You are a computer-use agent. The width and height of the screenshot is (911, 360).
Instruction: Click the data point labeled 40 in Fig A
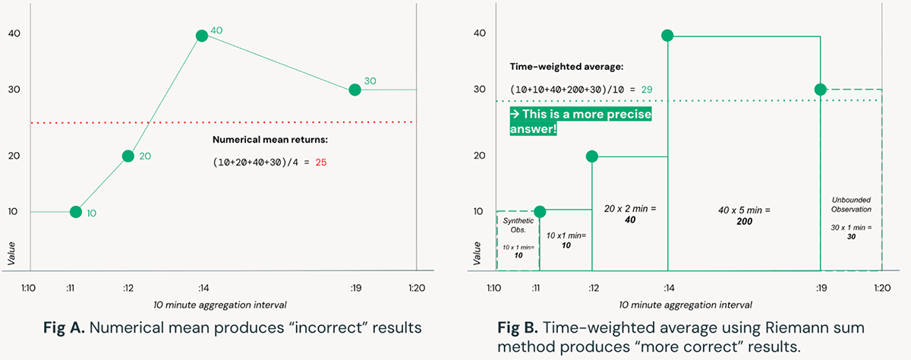[x=202, y=36]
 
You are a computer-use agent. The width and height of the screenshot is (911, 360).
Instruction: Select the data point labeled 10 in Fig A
[x=75, y=212]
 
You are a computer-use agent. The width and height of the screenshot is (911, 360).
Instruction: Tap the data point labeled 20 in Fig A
[x=128, y=156]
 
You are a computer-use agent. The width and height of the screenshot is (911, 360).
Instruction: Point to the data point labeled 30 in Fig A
[x=354, y=90]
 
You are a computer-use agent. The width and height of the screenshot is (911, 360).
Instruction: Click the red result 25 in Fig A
[x=321, y=163]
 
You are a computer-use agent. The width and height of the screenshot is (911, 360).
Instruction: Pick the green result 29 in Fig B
[x=647, y=89]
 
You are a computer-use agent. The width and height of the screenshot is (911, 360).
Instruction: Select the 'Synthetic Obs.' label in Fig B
[x=518, y=225]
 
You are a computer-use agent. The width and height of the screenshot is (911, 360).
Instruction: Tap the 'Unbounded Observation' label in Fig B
[x=850, y=204]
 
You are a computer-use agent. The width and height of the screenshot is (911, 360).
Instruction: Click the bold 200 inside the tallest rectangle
[x=744, y=219]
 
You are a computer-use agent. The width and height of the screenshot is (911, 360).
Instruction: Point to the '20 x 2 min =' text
[x=629, y=207]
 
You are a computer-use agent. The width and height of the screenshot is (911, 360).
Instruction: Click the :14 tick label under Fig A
[x=203, y=289]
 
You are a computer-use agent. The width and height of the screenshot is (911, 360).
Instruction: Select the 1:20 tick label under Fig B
[x=881, y=289]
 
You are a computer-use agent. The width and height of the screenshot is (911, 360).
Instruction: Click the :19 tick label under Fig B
[x=821, y=289]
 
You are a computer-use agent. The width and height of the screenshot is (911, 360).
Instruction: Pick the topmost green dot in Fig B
[x=667, y=36]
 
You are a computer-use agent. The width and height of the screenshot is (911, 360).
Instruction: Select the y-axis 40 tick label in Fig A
[x=14, y=33]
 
